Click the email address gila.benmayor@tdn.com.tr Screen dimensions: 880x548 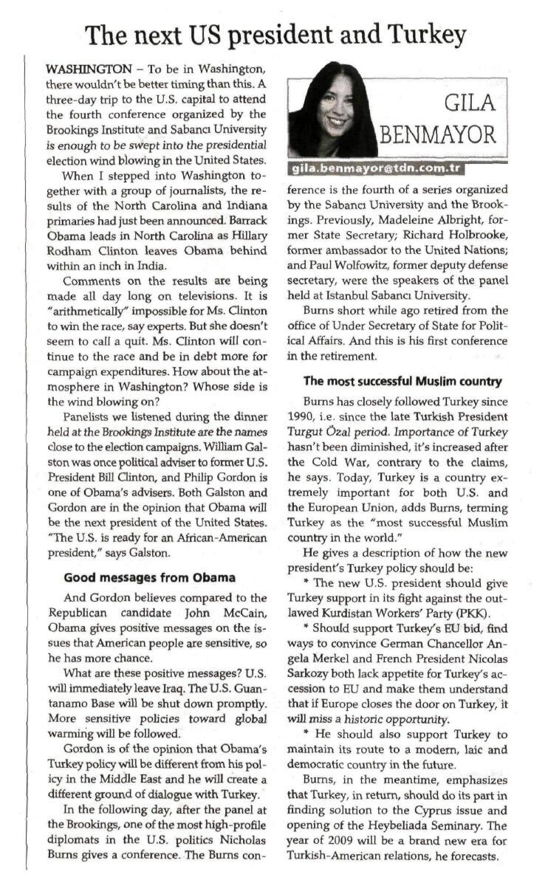pos(376,168)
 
